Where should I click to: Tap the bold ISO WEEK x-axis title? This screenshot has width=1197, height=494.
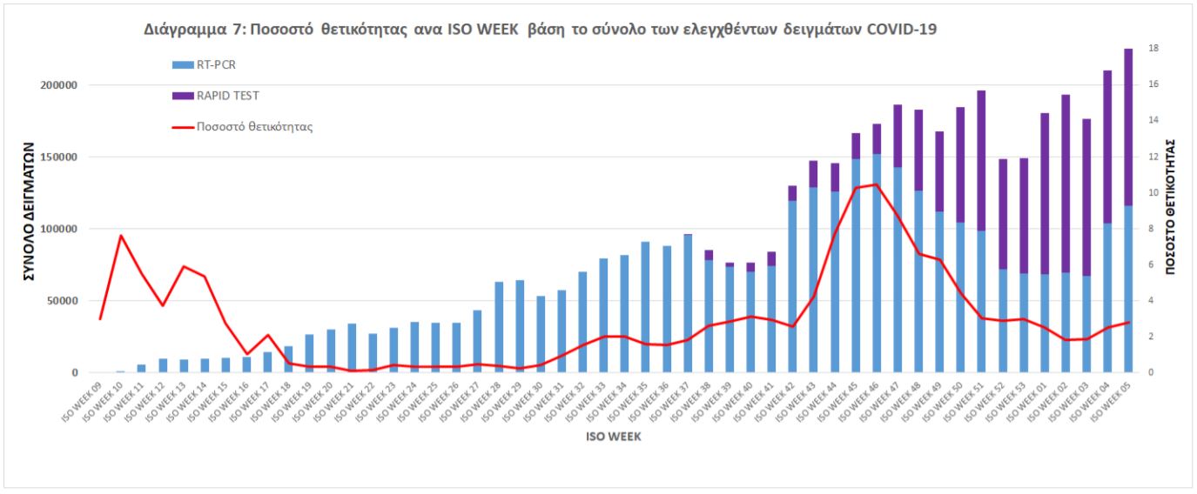(614, 437)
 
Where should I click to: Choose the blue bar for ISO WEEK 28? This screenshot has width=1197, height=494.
(499, 327)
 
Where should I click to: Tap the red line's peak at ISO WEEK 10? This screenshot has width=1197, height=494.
(122, 236)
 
